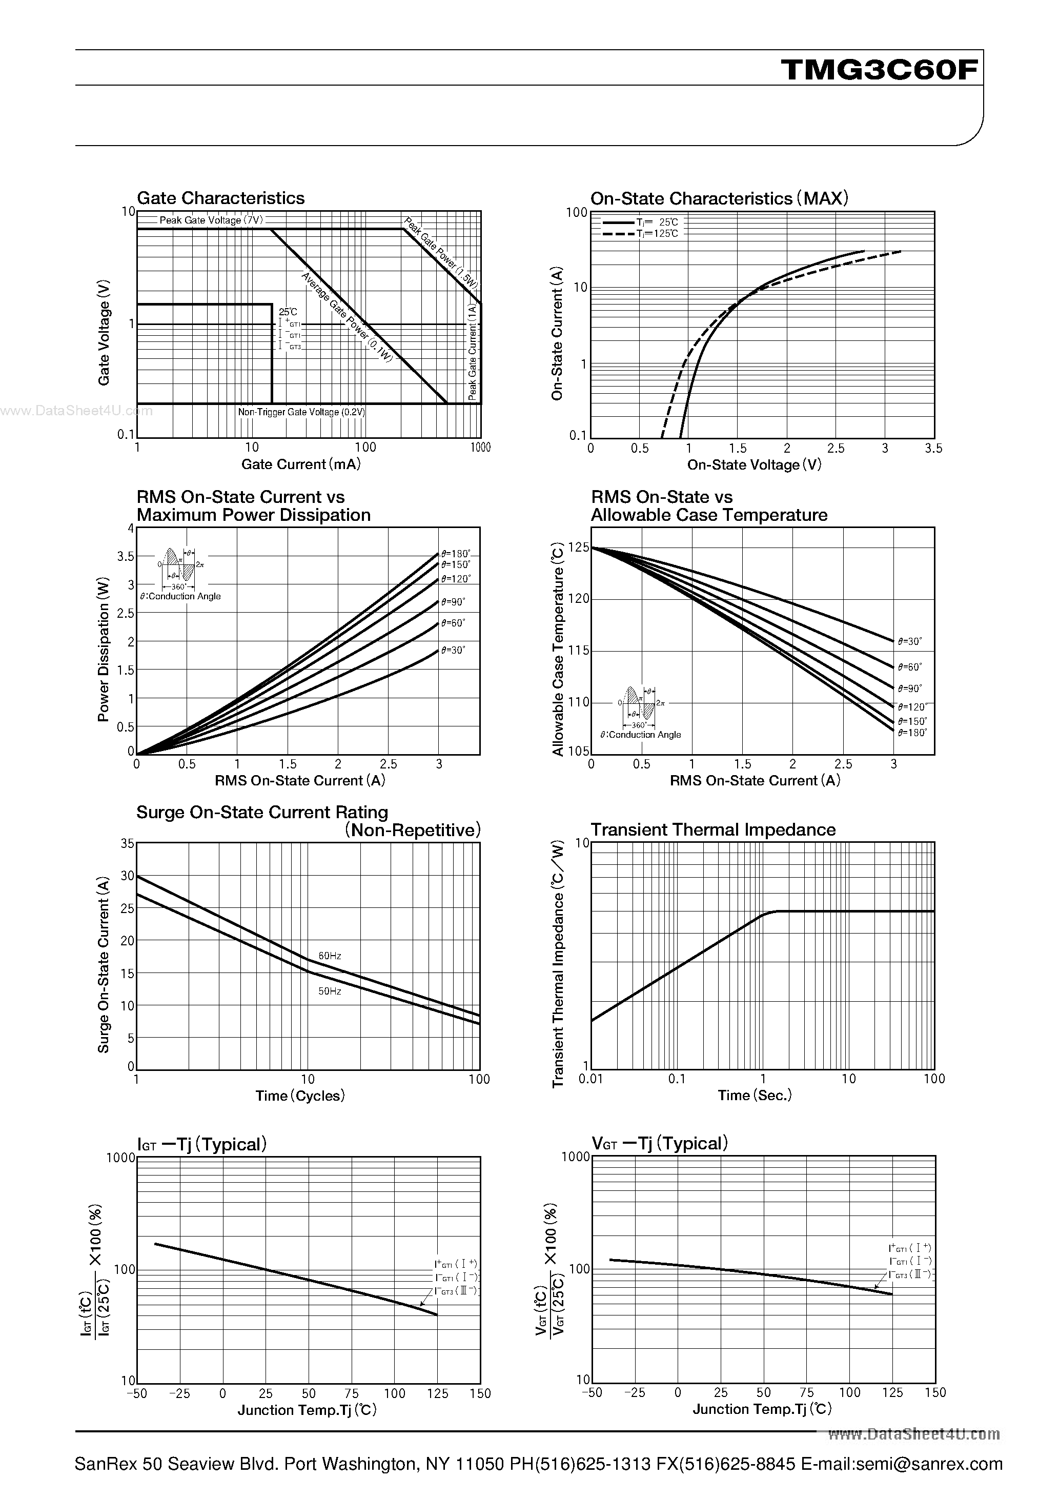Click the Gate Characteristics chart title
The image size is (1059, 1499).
coord(221,198)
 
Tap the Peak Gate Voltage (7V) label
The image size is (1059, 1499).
coord(211,220)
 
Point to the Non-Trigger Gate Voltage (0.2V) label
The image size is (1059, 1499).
coord(301,413)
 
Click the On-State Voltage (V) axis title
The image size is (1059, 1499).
coord(754,465)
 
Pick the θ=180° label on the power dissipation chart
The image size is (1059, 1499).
coord(455,554)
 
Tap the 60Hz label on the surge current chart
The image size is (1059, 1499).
coord(330,956)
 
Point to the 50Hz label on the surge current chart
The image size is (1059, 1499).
coord(330,991)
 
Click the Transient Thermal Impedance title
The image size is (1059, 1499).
coord(713,830)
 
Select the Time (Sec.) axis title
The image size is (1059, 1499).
coord(755,1096)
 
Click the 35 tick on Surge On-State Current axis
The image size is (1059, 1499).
coord(127,843)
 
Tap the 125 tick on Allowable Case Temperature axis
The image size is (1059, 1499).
coord(579,548)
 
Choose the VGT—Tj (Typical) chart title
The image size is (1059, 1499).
coord(659,1143)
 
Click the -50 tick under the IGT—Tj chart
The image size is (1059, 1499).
coord(136,1393)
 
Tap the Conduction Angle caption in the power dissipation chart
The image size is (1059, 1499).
coord(180,596)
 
